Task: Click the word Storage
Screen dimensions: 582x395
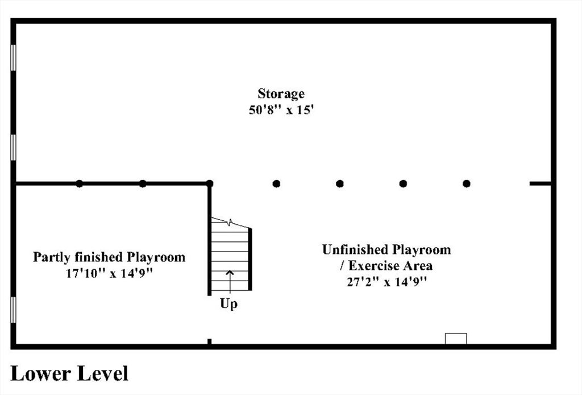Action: pyautogui.click(x=281, y=94)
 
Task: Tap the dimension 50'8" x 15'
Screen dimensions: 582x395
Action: pyautogui.click(x=281, y=110)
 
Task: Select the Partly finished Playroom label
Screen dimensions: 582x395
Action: pyautogui.click(x=109, y=257)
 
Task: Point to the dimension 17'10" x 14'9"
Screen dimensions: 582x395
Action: pyautogui.click(x=110, y=274)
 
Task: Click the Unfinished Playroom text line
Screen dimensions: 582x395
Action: pyautogui.click(x=386, y=249)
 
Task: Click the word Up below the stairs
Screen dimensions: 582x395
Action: pyautogui.click(x=228, y=304)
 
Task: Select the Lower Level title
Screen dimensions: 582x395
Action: pyautogui.click(x=69, y=373)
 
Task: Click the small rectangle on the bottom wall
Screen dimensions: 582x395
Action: pyautogui.click(x=456, y=339)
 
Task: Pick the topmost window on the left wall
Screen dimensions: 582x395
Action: pyautogui.click(x=14, y=57)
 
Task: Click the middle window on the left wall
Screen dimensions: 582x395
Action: pyautogui.click(x=14, y=147)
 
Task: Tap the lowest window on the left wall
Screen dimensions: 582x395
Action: pyautogui.click(x=14, y=310)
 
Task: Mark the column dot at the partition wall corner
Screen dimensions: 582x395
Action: pyautogui.click(x=209, y=183)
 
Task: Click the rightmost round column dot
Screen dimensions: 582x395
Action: pyautogui.click(x=467, y=184)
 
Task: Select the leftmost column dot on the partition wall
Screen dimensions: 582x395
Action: pyautogui.click(x=79, y=183)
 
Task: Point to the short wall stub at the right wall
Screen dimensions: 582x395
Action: pyautogui.click(x=540, y=184)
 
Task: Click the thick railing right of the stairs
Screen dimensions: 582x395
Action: pyautogui.click(x=250, y=260)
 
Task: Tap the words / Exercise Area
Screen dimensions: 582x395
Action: pyautogui.click(x=386, y=266)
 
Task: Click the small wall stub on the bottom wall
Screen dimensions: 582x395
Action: pyautogui.click(x=209, y=341)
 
